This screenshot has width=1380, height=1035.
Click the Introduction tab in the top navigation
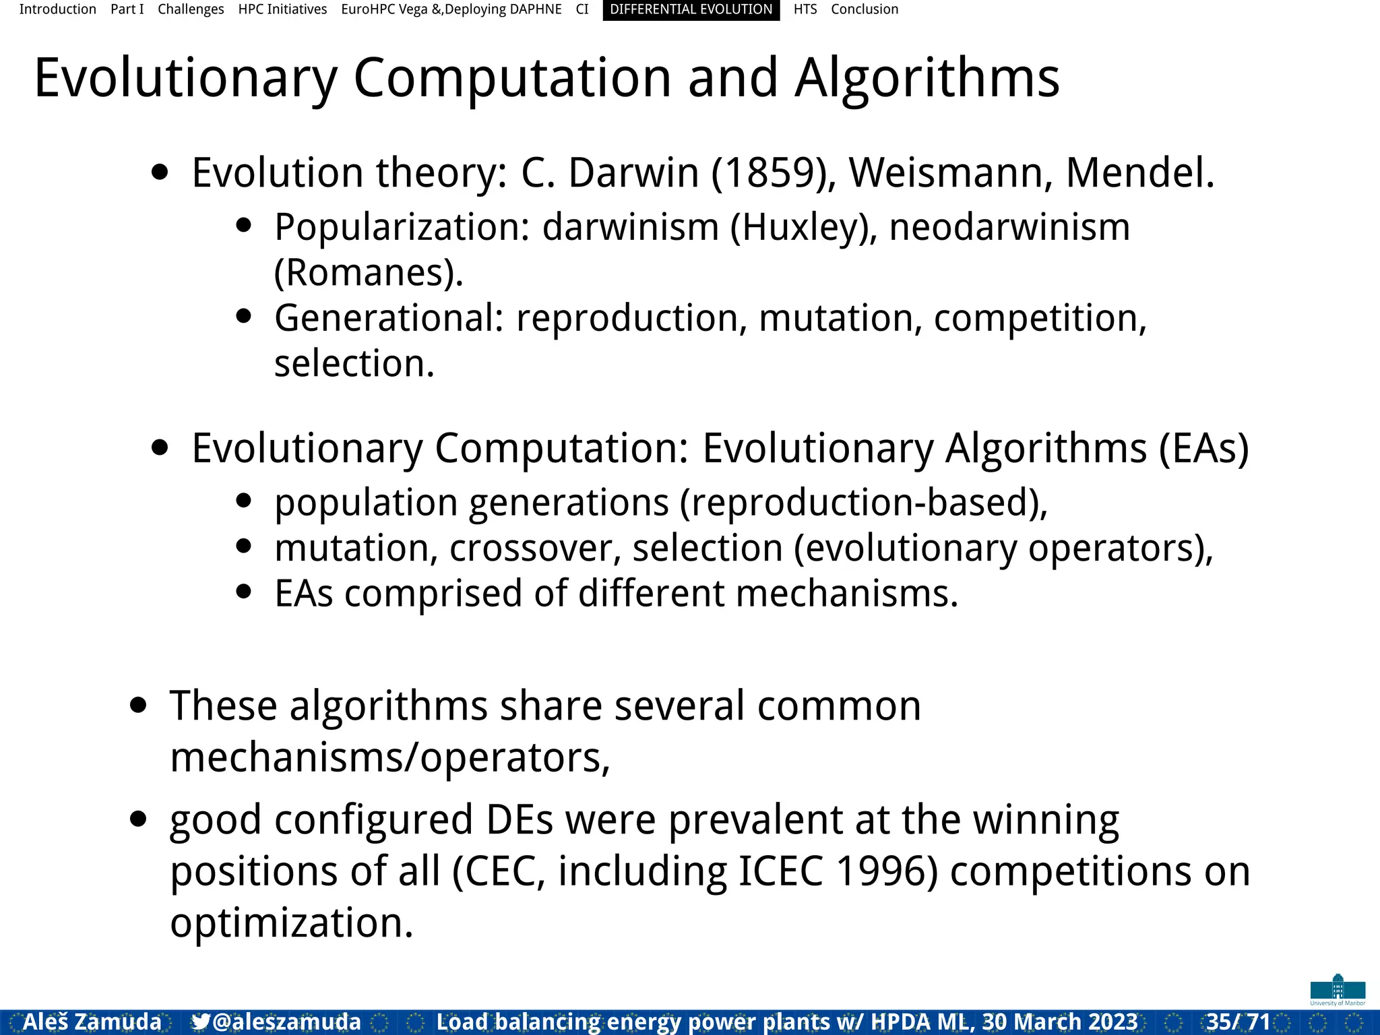57,9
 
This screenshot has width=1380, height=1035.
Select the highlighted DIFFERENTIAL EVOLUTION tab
691,9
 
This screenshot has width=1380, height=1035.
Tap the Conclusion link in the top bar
864,9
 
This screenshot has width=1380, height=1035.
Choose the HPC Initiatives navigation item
282,9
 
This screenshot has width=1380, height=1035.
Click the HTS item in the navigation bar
805,9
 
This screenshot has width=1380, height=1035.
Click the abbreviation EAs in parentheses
1203,449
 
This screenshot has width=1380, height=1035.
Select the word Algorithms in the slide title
927,79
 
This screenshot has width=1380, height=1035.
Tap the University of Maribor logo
1338,990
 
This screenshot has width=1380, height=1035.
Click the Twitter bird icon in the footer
200,1022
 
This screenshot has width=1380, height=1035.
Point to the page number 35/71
1238,1022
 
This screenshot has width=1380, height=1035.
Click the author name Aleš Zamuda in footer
92,1022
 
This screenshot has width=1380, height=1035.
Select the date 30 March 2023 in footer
1060,1022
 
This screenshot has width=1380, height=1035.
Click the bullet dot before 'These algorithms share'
138,705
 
